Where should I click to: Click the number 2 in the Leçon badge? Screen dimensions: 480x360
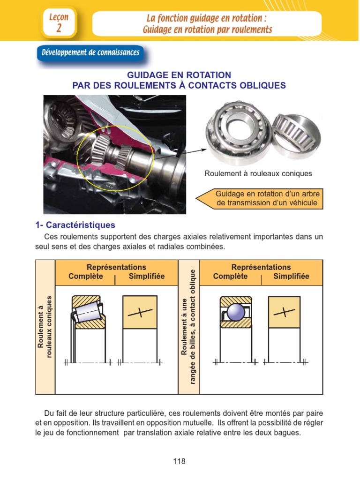click(x=59, y=28)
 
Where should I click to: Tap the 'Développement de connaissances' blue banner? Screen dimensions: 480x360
click(x=90, y=52)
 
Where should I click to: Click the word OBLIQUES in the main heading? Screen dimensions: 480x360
click(x=262, y=85)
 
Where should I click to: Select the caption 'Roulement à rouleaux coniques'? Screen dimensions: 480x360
click(x=258, y=173)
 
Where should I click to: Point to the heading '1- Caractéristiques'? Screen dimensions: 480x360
click(x=75, y=225)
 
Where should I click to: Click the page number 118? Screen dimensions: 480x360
click(x=179, y=461)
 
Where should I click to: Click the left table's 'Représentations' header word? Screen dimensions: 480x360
click(x=116, y=267)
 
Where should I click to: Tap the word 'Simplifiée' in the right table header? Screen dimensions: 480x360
click(x=291, y=276)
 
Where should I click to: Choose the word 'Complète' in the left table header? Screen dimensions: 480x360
click(x=85, y=276)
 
